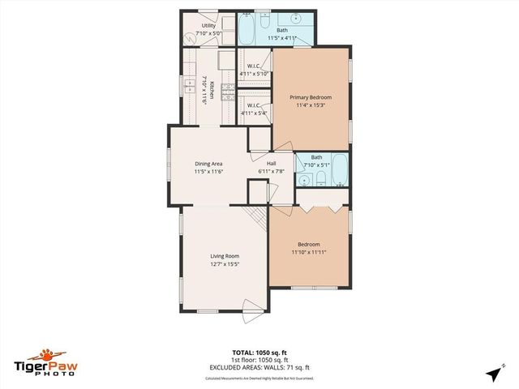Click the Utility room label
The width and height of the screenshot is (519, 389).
pyautogui.click(x=208, y=26)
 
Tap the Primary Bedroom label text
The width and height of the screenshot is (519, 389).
pyautogui.click(x=311, y=97)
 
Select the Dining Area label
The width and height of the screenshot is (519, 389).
pyautogui.click(x=208, y=165)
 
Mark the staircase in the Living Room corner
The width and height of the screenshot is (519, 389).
pyautogui.click(x=256, y=216)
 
